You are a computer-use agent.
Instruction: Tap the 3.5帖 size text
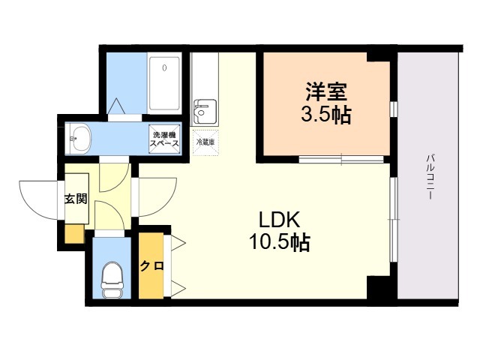pyautogui.click(x=324, y=115)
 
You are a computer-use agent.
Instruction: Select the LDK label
pyautogui.click(x=280, y=220)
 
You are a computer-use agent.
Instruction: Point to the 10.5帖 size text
pyautogui.click(x=280, y=241)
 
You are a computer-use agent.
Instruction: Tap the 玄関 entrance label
pyautogui.click(x=75, y=199)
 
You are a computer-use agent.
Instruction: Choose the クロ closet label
pyautogui.click(x=151, y=265)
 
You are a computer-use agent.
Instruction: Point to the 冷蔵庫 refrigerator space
pyautogui.click(x=205, y=142)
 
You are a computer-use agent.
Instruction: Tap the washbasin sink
pyautogui.click(x=79, y=137)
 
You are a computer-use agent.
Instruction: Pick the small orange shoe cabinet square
pyautogui.click(x=74, y=233)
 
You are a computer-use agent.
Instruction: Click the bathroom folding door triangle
pyautogui.click(x=119, y=108)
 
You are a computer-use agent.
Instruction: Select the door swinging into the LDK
pyautogui.click(x=156, y=195)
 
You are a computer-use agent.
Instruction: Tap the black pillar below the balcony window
pyautogui.click(x=378, y=287)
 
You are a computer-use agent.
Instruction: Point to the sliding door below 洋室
pyautogui.click(x=342, y=158)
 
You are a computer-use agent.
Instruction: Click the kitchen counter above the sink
pyautogui.click(x=202, y=75)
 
